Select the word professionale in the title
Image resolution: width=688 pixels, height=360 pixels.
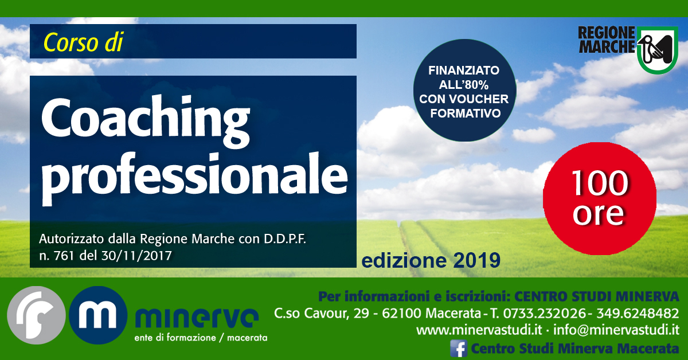coord(195,178)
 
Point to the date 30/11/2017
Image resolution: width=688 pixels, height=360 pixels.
coord(136,256)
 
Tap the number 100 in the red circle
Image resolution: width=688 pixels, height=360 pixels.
coord(600,183)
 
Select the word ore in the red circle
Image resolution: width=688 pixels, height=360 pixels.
coord(599,213)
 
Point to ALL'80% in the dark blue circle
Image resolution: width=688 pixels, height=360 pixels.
coord(464,84)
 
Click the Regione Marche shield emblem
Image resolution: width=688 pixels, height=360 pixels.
coord(658,49)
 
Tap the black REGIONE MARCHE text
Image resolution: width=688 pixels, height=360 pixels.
coord(607,40)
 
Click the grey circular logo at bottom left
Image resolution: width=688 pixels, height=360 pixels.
coord(36,315)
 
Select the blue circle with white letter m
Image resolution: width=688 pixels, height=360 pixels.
coord(98,315)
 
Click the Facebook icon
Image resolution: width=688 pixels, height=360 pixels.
coord(459,349)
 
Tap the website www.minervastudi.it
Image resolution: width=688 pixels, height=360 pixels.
coord(479,330)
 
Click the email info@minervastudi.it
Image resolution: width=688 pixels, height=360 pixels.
coord(616,330)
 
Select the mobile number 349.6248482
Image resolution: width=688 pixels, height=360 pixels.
coord(638,314)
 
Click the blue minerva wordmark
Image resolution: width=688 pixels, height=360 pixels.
coord(197,318)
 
